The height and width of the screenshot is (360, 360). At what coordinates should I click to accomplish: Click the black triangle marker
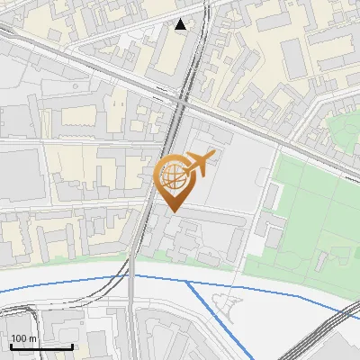click(181, 24)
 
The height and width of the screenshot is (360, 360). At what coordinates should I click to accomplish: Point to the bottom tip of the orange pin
click(173, 211)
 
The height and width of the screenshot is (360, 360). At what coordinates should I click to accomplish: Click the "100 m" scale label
click(25, 338)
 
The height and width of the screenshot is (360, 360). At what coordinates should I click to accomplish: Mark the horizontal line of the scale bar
click(40, 346)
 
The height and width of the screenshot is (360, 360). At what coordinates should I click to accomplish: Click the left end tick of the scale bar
click(10, 344)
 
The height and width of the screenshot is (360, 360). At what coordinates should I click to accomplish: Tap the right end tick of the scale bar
click(72, 344)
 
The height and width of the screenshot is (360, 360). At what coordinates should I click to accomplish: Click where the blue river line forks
click(186, 282)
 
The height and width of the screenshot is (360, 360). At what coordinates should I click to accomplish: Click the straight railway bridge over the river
click(131, 288)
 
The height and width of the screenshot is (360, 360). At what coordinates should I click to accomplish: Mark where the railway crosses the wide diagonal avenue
click(181, 102)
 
